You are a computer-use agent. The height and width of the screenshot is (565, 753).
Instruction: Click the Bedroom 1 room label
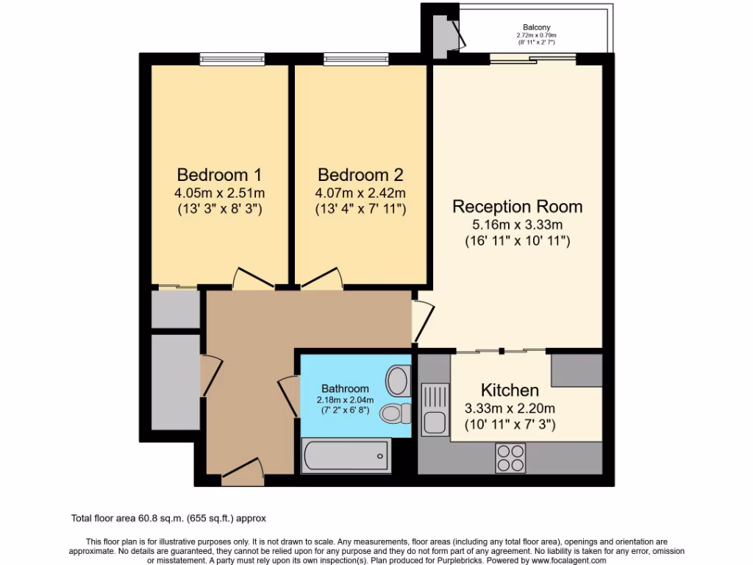pos(219,175)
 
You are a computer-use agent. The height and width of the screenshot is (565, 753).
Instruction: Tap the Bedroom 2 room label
pos(360,175)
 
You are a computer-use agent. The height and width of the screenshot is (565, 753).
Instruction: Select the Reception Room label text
pos(517,206)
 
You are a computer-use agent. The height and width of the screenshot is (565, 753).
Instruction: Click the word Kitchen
pos(510,390)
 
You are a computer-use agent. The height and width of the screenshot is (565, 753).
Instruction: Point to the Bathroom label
pos(345,388)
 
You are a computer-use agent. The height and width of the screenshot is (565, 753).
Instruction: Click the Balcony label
pos(536,27)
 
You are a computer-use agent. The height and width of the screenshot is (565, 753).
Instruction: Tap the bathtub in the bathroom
pos(346,457)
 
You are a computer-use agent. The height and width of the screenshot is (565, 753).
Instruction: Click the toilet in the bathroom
pos(396,413)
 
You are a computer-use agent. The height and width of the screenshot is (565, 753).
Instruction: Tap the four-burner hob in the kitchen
pos(510,458)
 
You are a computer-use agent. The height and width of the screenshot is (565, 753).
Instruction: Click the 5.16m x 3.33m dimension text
pos(517,225)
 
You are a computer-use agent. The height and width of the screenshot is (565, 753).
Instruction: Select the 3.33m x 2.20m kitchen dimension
pos(510,408)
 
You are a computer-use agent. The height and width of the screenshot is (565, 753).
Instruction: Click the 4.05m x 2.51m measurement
pos(219,193)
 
